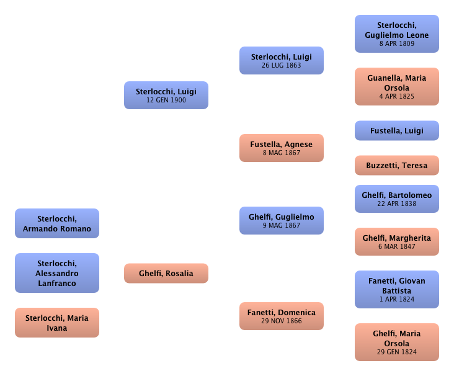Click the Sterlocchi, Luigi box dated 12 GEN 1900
point(166,95)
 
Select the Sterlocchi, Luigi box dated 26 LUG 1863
point(282,60)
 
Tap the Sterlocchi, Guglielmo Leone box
point(397,34)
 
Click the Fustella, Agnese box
point(282,148)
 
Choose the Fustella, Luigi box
point(397,131)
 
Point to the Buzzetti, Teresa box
point(397,166)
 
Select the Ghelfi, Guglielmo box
point(282,220)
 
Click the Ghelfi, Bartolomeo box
point(397,199)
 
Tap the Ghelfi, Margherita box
point(397,241)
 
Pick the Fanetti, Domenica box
point(282,316)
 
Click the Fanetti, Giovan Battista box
point(397,289)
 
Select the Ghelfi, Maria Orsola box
point(397,342)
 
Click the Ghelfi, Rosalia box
point(166,273)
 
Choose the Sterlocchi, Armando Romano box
point(57,223)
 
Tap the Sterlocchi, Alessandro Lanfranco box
point(57,273)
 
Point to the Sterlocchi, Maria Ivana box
point(57,323)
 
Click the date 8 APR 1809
point(397,44)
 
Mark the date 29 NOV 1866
point(282,321)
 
